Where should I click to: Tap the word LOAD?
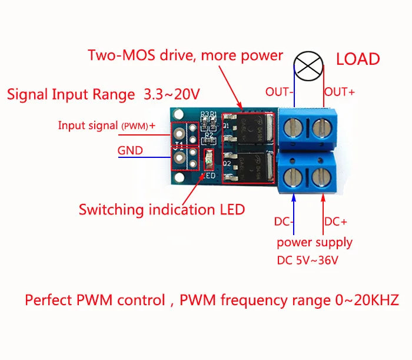coord(358,60)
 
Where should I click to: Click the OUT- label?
coord(278,92)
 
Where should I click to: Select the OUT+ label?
coord(340,92)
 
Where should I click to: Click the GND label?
coord(130,150)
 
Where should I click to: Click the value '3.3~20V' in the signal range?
coord(172,94)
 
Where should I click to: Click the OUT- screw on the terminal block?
coord(294,125)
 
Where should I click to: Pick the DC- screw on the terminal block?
coord(294,177)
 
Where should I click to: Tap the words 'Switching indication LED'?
coord(162,210)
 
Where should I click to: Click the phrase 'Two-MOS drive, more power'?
coord(185,56)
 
